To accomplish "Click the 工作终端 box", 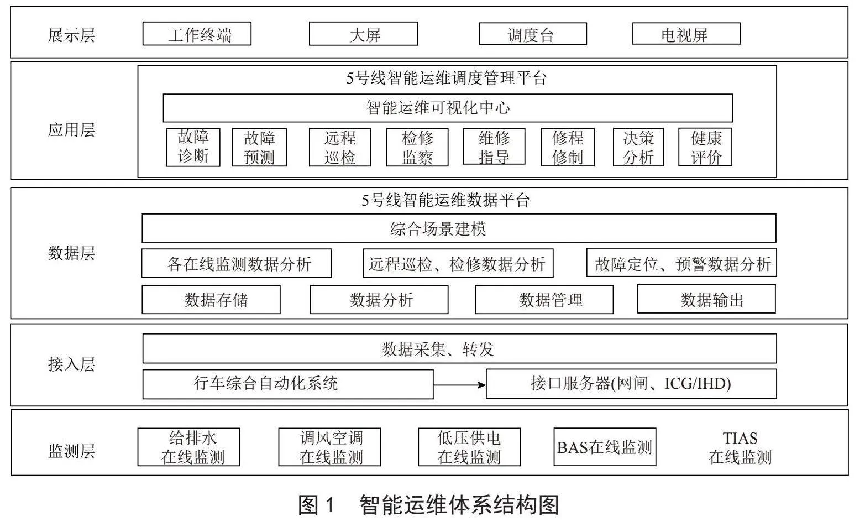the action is pyautogui.click(x=197, y=34).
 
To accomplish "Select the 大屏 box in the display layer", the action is pyautogui.click(x=363, y=34).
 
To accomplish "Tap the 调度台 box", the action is pyautogui.click(x=533, y=34).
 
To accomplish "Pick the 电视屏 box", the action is pyautogui.click(x=686, y=34).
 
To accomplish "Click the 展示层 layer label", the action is pyautogui.click(x=71, y=35).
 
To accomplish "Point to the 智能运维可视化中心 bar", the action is pyautogui.click(x=448, y=108).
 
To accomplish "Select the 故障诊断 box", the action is pyautogui.click(x=193, y=147).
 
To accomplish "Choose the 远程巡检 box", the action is pyautogui.click(x=340, y=147).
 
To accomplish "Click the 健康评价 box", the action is pyautogui.click(x=705, y=147).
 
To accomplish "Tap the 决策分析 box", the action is pyautogui.click(x=638, y=147).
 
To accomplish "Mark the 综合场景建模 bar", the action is pyautogui.click(x=459, y=228).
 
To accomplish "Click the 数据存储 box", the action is pyautogui.click(x=211, y=299).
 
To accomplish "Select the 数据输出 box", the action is pyautogui.click(x=706, y=299).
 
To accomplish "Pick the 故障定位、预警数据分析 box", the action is pyautogui.click(x=681, y=263).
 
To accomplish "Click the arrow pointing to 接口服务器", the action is pyautogui.click(x=459, y=385).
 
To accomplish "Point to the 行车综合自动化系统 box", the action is pyautogui.click(x=288, y=384).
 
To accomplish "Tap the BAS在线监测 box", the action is pyautogui.click(x=605, y=447).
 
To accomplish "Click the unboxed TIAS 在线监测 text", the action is pyautogui.click(x=740, y=447).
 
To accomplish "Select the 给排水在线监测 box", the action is pyautogui.click(x=189, y=447).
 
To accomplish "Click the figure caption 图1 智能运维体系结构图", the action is pyautogui.click(x=429, y=504).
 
